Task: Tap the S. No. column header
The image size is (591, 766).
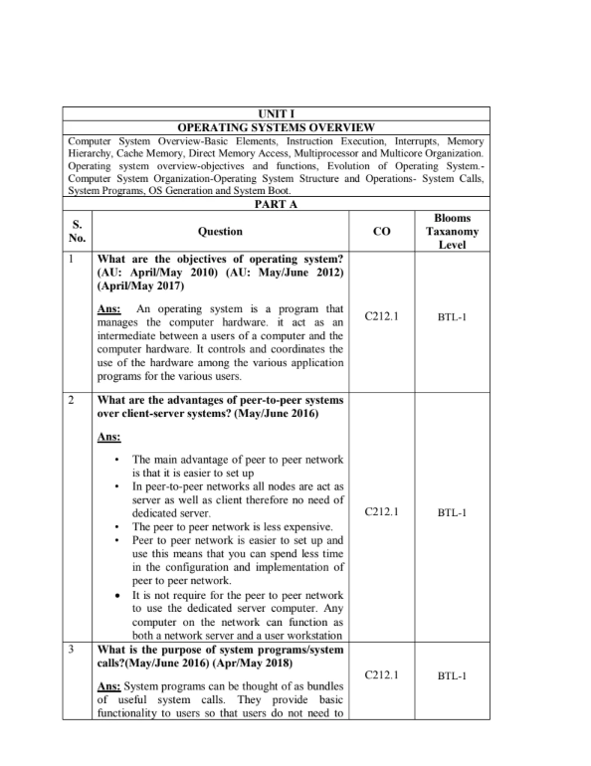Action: tap(77, 232)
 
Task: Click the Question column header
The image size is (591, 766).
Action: tap(220, 232)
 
